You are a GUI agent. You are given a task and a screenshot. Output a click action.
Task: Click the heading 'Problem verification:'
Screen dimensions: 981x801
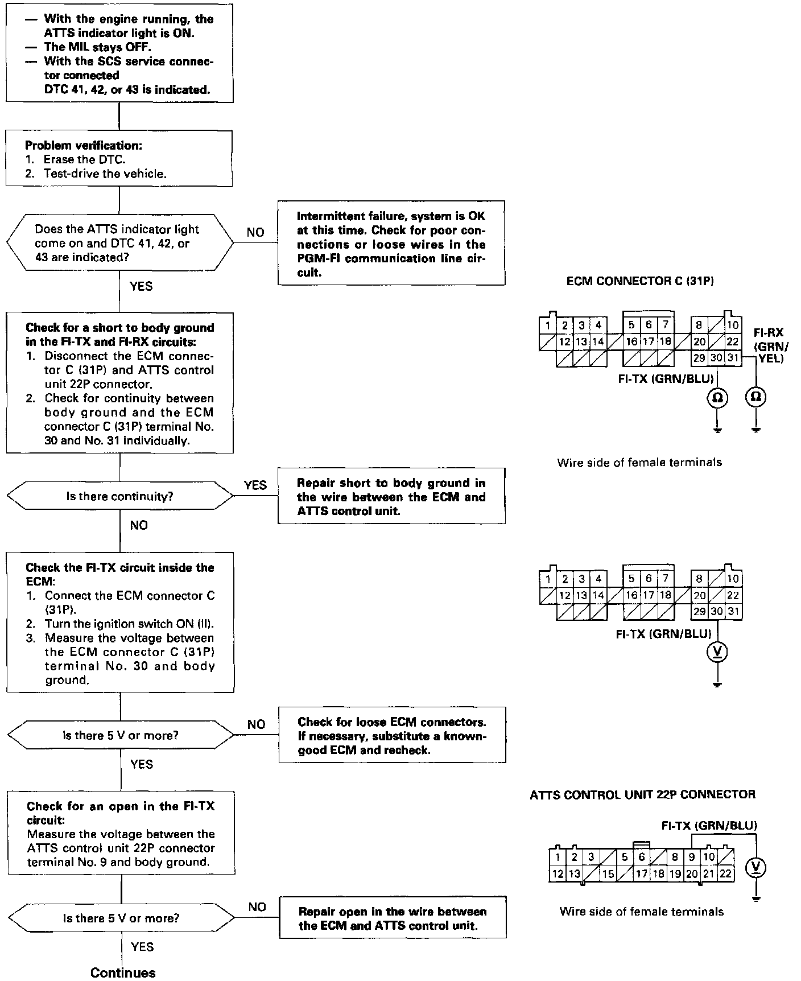(x=84, y=145)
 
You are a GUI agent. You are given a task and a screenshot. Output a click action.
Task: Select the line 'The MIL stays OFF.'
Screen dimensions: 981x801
(x=97, y=47)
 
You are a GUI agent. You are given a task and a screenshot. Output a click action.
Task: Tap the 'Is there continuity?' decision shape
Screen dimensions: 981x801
(x=119, y=496)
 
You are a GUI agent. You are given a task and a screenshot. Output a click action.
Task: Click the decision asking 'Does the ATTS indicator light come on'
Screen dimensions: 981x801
(x=119, y=243)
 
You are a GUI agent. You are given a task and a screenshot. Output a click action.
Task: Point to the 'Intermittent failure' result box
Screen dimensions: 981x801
(x=391, y=244)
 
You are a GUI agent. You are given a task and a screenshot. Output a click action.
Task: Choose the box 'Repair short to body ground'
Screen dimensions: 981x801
(x=391, y=496)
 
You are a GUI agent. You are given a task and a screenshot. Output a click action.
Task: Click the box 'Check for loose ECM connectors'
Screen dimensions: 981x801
(x=392, y=735)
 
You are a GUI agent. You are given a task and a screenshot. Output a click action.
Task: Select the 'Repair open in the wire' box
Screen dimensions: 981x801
(x=393, y=918)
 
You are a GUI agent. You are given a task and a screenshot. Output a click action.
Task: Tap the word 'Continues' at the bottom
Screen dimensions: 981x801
(x=123, y=972)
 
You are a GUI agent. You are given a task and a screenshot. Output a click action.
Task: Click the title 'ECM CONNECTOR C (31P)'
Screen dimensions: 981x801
(x=640, y=281)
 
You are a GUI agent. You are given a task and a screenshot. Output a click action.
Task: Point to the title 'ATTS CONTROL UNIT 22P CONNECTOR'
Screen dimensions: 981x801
(x=642, y=794)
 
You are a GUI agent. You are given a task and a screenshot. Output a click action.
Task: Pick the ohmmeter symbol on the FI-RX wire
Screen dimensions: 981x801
(x=755, y=397)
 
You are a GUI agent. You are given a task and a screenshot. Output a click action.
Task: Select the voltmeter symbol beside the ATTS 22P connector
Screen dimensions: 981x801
(x=755, y=867)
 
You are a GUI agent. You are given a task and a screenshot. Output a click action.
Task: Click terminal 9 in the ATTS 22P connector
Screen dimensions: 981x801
(x=692, y=857)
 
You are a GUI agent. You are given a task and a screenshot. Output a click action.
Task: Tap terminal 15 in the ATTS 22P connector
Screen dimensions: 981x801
(x=608, y=873)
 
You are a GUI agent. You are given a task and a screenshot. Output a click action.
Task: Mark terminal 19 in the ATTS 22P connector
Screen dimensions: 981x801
(x=675, y=873)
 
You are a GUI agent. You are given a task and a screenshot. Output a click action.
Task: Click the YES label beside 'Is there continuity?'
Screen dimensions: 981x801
(x=255, y=485)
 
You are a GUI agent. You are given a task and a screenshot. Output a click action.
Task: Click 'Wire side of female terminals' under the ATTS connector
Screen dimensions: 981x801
(x=642, y=912)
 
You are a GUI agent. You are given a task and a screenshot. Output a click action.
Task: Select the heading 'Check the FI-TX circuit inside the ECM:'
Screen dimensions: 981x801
(x=120, y=574)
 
